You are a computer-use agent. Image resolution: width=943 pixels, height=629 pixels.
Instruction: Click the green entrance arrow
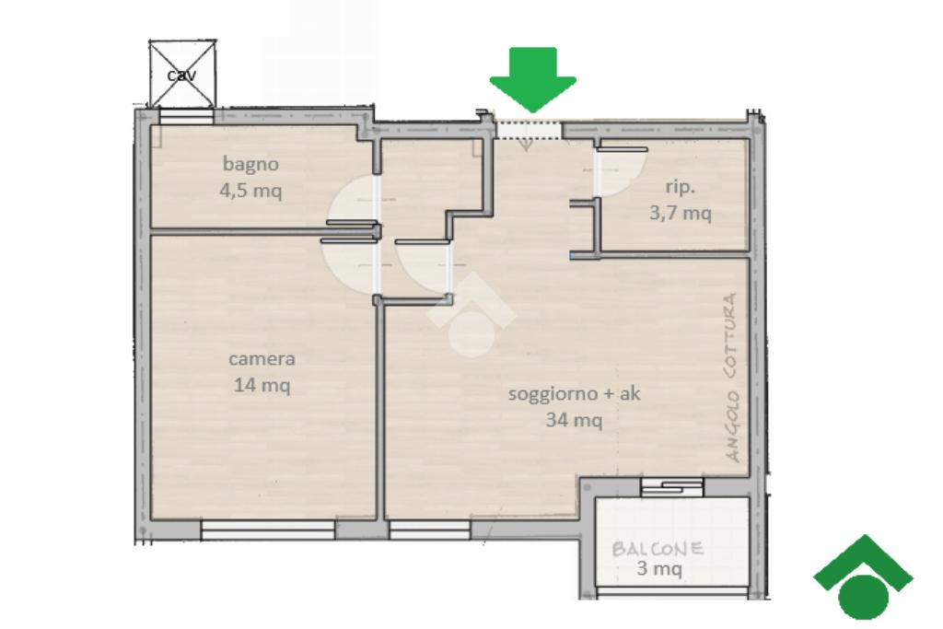click(x=533, y=79)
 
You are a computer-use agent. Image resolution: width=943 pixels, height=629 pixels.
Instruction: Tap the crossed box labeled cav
click(x=182, y=74)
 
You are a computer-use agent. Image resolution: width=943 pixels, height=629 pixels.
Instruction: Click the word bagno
click(x=250, y=164)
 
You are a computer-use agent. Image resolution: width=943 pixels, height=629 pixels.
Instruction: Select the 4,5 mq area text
click(x=250, y=191)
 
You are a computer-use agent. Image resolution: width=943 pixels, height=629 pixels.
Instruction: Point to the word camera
click(x=262, y=359)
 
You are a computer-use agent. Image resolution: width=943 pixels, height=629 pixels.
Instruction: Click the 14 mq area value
click(x=262, y=384)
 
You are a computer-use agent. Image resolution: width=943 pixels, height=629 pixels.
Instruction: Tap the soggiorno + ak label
click(x=575, y=394)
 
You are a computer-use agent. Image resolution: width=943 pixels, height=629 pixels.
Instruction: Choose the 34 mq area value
click(x=574, y=419)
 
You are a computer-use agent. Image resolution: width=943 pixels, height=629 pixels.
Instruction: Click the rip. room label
click(x=681, y=187)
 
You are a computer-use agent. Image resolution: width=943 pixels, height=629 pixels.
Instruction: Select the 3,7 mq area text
click(x=681, y=212)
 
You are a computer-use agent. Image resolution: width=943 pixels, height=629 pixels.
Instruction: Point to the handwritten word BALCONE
click(x=658, y=549)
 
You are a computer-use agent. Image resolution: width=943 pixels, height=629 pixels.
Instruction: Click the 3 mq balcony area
click(x=659, y=567)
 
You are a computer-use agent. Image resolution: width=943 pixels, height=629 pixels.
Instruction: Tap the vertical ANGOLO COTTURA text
click(x=732, y=378)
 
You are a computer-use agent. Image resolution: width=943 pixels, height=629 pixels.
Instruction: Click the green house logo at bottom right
click(x=864, y=577)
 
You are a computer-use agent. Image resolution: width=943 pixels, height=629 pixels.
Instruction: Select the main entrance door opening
click(x=528, y=130)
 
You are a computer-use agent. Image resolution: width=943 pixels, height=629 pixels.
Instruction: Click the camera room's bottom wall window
click(x=268, y=530)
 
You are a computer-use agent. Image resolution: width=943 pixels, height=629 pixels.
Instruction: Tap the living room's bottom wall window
click(x=429, y=530)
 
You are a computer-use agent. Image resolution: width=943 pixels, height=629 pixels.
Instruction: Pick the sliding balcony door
click(x=671, y=486)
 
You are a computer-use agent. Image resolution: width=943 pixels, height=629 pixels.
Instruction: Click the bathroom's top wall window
click(x=186, y=117)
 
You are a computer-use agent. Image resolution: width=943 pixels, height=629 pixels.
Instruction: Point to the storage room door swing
click(x=620, y=171)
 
